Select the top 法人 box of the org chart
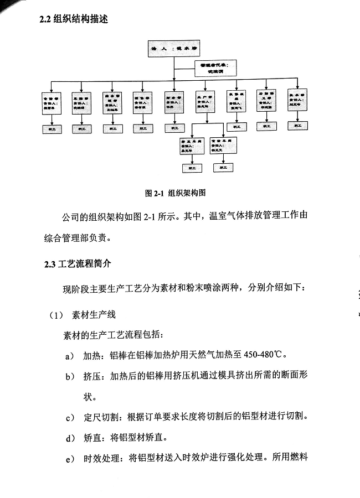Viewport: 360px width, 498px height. [x=174, y=49]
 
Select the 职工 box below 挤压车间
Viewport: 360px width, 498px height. [x=192, y=167]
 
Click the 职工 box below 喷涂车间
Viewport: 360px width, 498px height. [x=224, y=167]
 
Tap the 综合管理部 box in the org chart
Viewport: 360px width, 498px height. [x=113, y=102]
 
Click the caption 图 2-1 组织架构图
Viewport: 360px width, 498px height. [x=175, y=193]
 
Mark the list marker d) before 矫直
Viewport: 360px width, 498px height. [x=70, y=438]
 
